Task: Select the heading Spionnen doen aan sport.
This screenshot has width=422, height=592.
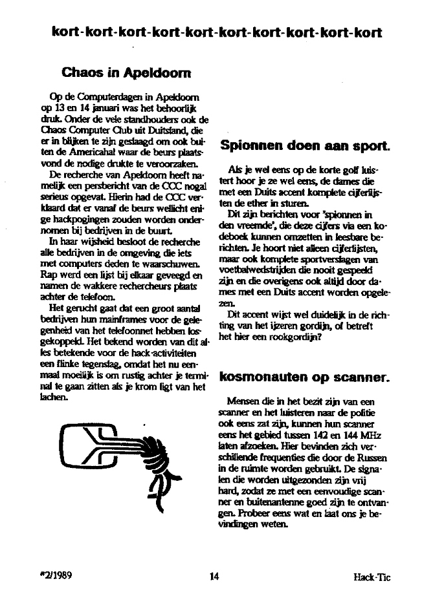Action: click(305, 146)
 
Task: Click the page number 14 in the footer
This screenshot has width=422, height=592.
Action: click(215, 577)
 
